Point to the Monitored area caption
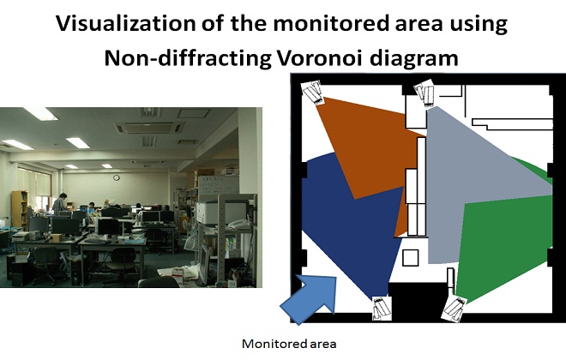pyautogui.click(x=283, y=344)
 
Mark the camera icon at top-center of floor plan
pyautogui.click(x=425, y=93)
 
